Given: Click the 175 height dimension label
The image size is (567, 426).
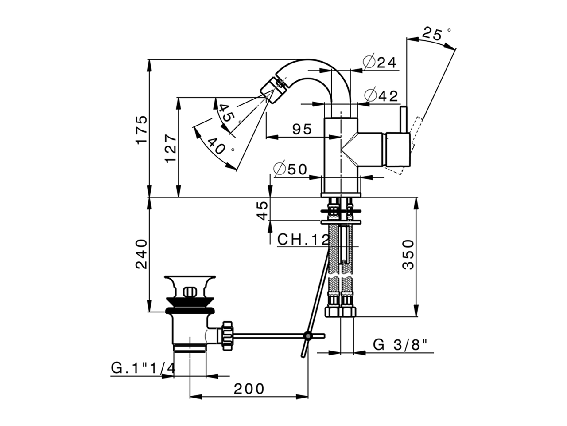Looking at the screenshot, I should coord(141,129).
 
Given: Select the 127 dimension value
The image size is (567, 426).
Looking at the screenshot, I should coord(171,148).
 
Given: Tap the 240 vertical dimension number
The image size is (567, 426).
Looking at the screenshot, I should coord(141,254).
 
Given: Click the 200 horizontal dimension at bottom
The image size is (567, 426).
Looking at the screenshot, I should coord(249,389).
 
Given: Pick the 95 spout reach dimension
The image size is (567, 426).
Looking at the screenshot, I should coord(302,129).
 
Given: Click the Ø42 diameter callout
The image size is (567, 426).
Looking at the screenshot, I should coord(381,95).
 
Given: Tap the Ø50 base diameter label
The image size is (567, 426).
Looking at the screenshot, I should coord(290,169).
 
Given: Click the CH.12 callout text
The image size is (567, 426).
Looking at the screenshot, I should coord(303,240).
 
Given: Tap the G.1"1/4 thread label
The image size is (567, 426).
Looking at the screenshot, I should coord(143,368).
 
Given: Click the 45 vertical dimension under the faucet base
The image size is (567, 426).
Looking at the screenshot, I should coord(262,210).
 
